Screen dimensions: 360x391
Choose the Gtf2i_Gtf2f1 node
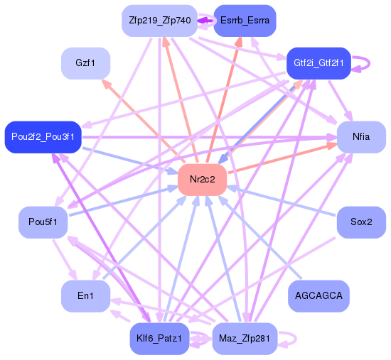click(x=318, y=63)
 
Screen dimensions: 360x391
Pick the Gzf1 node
click(x=86, y=63)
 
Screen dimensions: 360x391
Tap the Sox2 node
click(x=361, y=222)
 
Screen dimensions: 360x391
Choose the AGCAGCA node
click(x=318, y=295)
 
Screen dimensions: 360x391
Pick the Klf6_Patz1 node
click(x=159, y=339)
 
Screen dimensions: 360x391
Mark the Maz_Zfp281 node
click(x=245, y=339)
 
